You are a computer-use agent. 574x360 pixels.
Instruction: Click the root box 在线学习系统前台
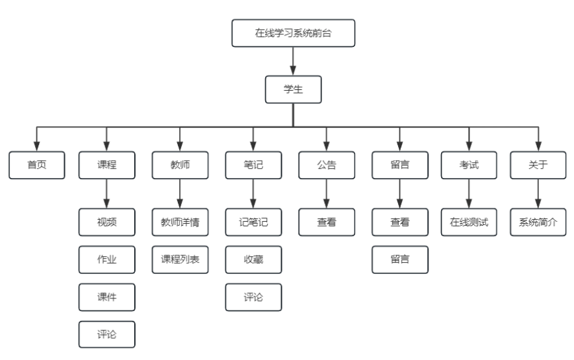pos(293,33)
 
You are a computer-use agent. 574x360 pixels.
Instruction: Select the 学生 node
pos(293,89)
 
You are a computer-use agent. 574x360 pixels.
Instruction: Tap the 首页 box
pos(37,165)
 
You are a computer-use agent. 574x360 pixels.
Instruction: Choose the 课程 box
pos(106,165)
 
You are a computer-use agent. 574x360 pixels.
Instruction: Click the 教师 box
pos(180,165)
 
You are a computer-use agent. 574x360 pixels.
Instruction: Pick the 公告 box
pos(326,165)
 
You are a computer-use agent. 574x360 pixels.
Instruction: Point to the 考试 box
pos(469,165)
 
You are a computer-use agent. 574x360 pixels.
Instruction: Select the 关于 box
pos(538,165)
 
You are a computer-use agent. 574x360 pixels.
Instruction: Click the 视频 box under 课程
pos(106,222)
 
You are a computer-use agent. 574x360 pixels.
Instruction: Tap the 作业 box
pos(106,259)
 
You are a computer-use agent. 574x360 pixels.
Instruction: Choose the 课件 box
pos(106,296)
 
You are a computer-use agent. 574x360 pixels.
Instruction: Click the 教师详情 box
pos(180,222)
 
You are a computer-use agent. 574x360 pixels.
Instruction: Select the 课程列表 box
pos(180,259)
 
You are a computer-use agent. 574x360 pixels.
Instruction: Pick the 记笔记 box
pos(253,222)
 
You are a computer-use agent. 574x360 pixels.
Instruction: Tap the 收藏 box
pos(253,259)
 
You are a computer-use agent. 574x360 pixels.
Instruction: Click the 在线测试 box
pos(469,222)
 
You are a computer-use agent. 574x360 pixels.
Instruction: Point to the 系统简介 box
pos(538,222)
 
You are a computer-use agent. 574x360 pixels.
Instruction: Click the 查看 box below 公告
pos(326,222)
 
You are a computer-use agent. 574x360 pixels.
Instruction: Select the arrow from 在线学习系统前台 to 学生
pos(293,61)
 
